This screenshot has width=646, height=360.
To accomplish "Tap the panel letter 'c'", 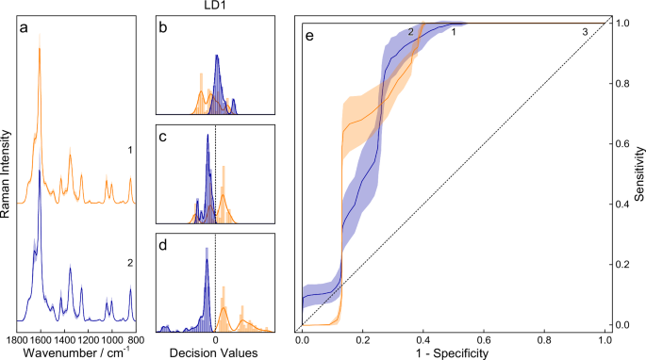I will (x=164, y=137).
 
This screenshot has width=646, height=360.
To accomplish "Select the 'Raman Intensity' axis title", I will (x=7, y=174).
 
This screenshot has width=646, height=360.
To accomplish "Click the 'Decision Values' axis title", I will (x=215, y=352).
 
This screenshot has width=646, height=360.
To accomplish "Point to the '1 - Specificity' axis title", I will (x=453, y=352).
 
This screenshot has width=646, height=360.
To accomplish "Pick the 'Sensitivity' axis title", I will (x=638, y=174).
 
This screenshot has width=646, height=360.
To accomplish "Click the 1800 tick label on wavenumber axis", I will (x=18, y=338).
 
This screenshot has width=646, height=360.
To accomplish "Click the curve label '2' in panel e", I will (x=411, y=33).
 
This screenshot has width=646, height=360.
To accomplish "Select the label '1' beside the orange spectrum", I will (x=127, y=151).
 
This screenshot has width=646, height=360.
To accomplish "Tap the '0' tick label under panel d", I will (x=215, y=338).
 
